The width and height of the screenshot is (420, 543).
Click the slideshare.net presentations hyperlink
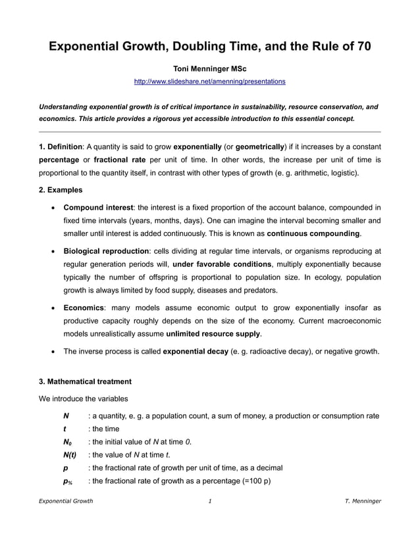click(x=209, y=82)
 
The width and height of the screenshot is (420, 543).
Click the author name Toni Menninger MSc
click(x=209, y=68)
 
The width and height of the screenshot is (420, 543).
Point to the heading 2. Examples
click(x=61, y=190)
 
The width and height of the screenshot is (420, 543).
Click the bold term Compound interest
click(x=99, y=208)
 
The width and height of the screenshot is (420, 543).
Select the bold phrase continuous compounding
click(x=313, y=234)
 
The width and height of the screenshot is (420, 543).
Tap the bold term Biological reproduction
click(x=106, y=251)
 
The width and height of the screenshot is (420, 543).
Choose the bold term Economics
click(x=84, y=308)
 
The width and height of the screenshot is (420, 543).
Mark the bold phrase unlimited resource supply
click(x=213, y=334)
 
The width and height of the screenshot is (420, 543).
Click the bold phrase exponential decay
click(x=196, y=352)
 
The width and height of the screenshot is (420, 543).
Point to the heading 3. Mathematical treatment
click(x=85, y=381)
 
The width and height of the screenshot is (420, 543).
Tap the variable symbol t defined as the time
click(x=65, y=429)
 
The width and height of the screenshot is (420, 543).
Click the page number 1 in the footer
click(x=209, y=502)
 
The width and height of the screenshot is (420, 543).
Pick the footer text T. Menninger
click(x=363, y=502)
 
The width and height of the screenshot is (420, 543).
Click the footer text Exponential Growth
click(x=66, y=502)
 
